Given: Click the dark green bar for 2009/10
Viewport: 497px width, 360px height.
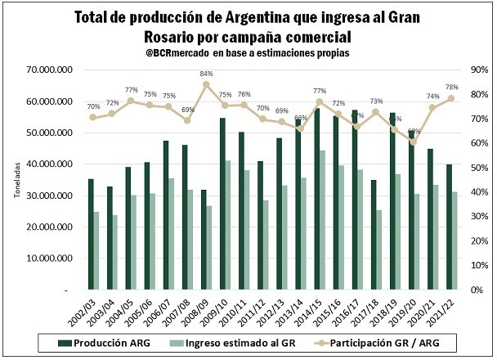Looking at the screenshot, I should tap(222, 204).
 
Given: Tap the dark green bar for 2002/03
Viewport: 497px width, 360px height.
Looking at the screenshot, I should tap(91, 234).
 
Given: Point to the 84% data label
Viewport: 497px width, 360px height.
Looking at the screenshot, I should tap(207, 74).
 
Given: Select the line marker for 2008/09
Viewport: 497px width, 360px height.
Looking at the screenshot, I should tap(207, 84).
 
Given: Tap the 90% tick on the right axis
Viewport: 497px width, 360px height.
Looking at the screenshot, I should tap(481, 70).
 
